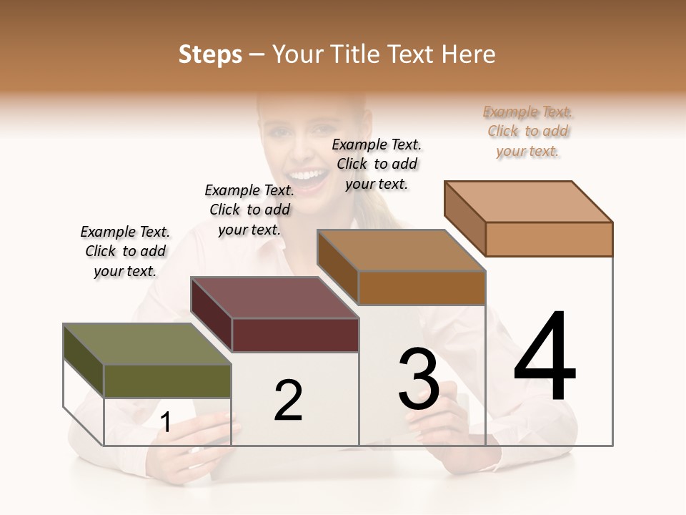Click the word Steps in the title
pyautogui.click(x=210, y=54)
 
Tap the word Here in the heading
pyautogui.click(x=468, y=54)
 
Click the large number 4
pyautogui.click(x=545, y=358)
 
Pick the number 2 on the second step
pyautogui.click(x=288, y=401)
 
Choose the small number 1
pyautogui.click(x=166, y=423)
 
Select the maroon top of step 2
pyautogui.click(x=274, y=298)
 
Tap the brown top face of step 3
pyautogui.click(x=401, y=250)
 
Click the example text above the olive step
pyautogui.click(x=125, y=251)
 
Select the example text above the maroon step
pyautogui.click(x=249, y=210)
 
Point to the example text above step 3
pyautogui.click(x=377, y=164)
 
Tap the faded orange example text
pyautogui.click(x=528, y=131)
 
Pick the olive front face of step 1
pyautogui.click(x=168, y=381)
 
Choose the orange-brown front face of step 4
pyautogui.click(x=549, y=239)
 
